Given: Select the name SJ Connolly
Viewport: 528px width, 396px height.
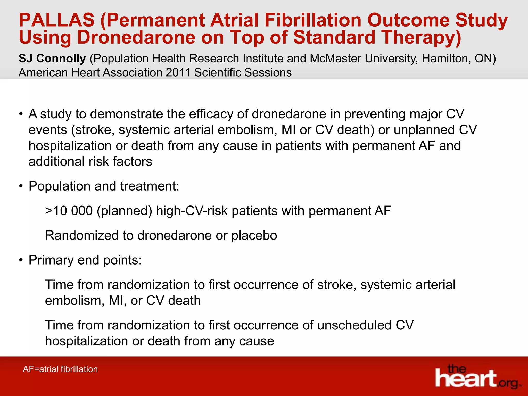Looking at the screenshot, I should coord(52,59).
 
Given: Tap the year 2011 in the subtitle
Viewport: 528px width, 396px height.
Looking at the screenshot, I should coord(178,72).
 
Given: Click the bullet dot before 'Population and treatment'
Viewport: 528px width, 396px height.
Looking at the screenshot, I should coord(21,186).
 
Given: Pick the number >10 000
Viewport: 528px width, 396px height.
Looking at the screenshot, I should coord(69,211).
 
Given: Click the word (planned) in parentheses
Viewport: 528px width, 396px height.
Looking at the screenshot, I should coord(125,211).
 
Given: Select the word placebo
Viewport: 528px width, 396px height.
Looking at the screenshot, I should coord(254,235).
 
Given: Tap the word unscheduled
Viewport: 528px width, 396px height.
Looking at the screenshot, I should coord(354,325).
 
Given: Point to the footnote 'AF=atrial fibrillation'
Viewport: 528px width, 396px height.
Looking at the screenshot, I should coord(60,369).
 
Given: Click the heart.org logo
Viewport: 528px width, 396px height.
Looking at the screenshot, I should coord(477,376).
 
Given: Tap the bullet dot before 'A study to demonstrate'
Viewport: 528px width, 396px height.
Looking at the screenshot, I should coord(21,114).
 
